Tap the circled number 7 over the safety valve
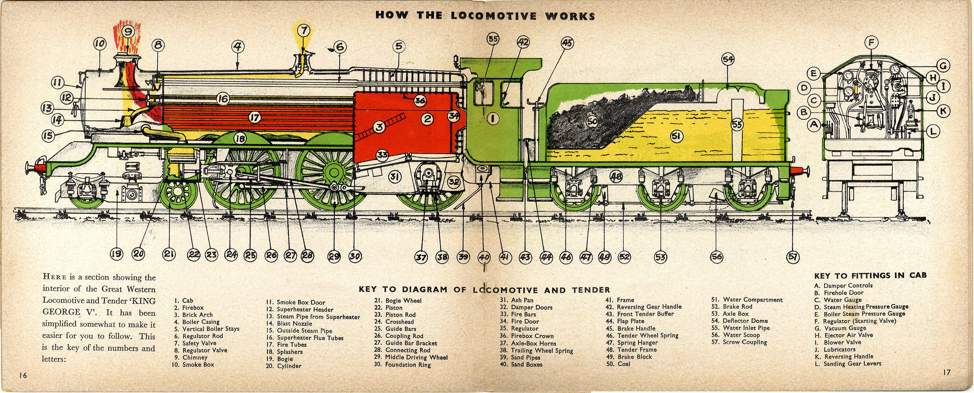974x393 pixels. (x=303, y=30)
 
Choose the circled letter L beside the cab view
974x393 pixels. (x=933, y=131)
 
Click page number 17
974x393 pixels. (x=946, y=373)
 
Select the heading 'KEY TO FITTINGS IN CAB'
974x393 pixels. (x=870, y=275)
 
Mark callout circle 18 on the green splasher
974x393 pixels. (x=241, y=139)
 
